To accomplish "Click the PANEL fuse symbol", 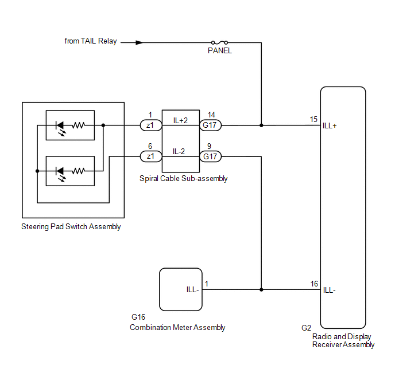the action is pyautogui.click(x=219, y=42).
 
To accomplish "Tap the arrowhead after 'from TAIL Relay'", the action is pyautogui.click(x=140, y=42).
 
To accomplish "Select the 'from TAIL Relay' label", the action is pyautogui.click(x=91, y=41).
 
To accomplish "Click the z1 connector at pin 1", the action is pyautogui.click(x=151, y=125).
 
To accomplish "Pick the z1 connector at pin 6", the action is pyautogui.click(x=151, y=156).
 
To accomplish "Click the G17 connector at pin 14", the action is pyautogui.click(x=210, y=125).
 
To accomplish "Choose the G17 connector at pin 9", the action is pyautogui.click(x=210, y=156).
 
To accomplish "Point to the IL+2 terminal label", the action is pyautogui.click(x=180, y=120).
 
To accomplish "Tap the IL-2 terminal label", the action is pyautogui.click(x=179, y=151).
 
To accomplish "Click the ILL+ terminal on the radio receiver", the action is pyautogui.click(x=330, y=125).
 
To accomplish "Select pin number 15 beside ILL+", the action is pyautogui.click(x=313, y=119).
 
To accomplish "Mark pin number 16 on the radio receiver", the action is pyautogui.click(x=314, y=284).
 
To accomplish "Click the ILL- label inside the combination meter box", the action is pyautogui.click(x=193, y=289).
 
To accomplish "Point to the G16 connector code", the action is pyautogui.click(x=138, y=317).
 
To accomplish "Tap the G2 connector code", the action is pyautogui.click(x=306, y=328).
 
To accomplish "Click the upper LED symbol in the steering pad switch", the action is pyautogui.click(x=60, y=128).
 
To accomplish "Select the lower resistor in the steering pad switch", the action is pyautogui.click(x=78, y=171).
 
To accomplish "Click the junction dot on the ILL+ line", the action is pyautogui.click(x=261, y=125).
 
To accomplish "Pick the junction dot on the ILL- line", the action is pyautogui.click(x=261, y=289).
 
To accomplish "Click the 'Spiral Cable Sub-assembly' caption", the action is pyautogui.click(x=183, y=178).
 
